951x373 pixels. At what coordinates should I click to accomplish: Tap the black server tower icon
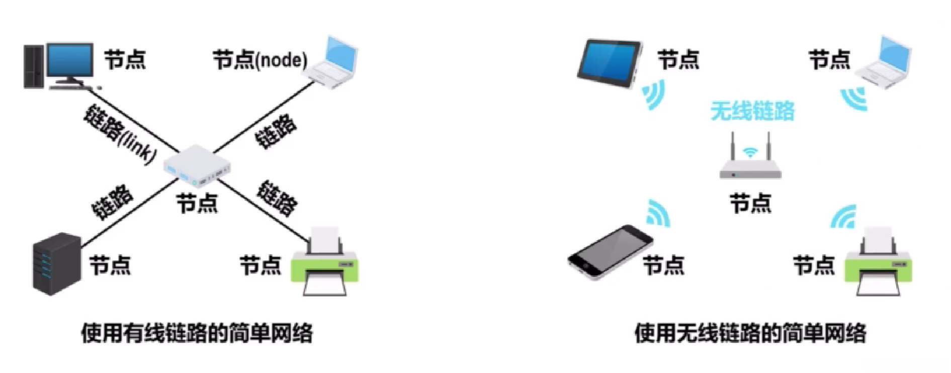pos(56,263)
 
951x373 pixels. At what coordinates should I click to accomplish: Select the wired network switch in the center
pos(198,166)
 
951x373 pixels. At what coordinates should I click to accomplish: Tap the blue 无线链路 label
pos(752,111)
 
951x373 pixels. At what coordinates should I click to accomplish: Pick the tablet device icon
pos(610,63)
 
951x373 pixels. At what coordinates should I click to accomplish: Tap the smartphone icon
pos(610,251)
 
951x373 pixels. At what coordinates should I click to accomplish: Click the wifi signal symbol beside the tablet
pos(653,95)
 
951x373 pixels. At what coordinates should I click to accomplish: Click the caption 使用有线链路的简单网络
pos(197,333)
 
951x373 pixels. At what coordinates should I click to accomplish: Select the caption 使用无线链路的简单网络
pos(750,333)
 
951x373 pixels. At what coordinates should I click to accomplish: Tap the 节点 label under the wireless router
pos(750,204)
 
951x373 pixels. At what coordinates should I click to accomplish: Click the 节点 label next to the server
pos(110,265)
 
